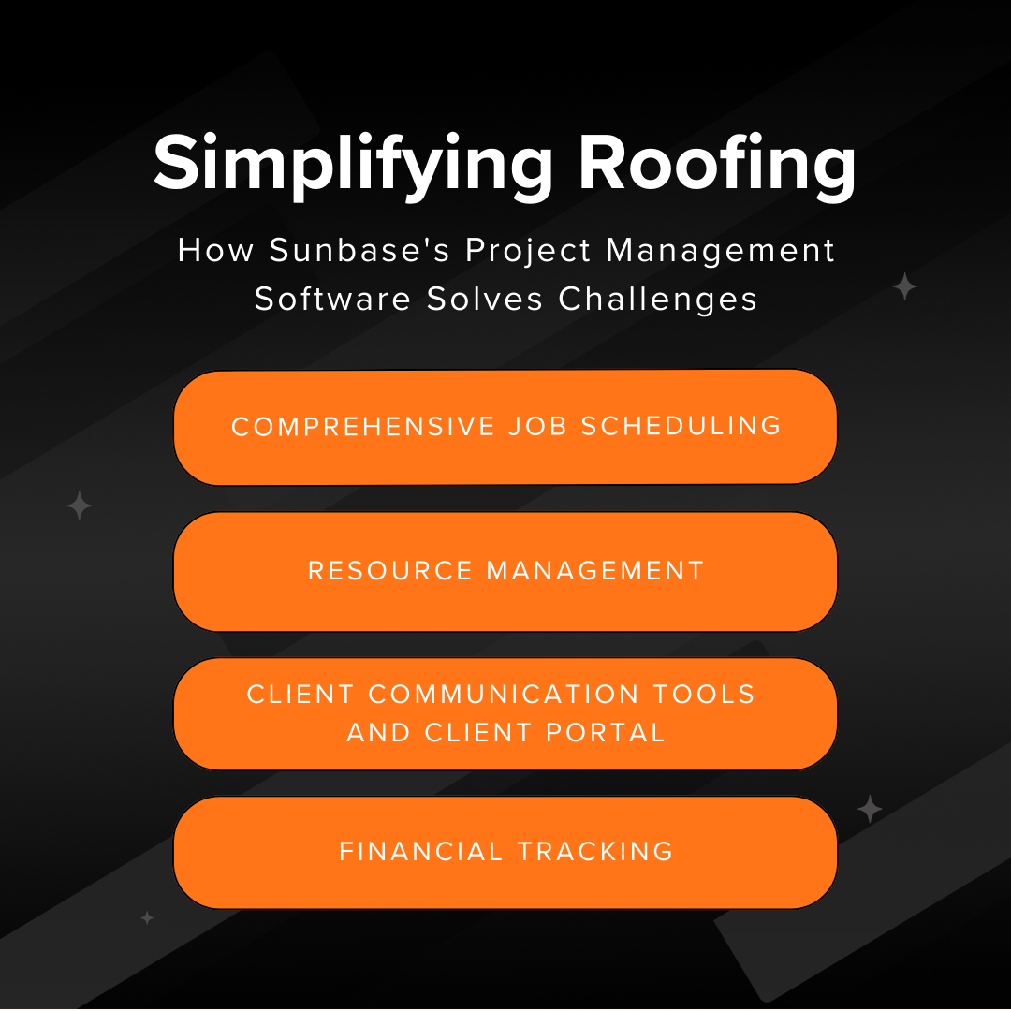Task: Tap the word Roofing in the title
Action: click(x=717, y=163)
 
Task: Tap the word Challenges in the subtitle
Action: click(x=658, y=299)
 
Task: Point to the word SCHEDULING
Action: click(x=681, y=427)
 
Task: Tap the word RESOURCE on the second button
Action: click(x=390, y=571)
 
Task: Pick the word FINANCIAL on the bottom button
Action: click(x=421, y=852)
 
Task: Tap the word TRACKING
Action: click(x=595, y=852)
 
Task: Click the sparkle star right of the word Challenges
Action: click(x=904, y=286)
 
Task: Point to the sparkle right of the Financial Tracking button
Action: click(x=870, y=810)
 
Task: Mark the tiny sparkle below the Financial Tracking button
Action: click(x=147, y=918)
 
